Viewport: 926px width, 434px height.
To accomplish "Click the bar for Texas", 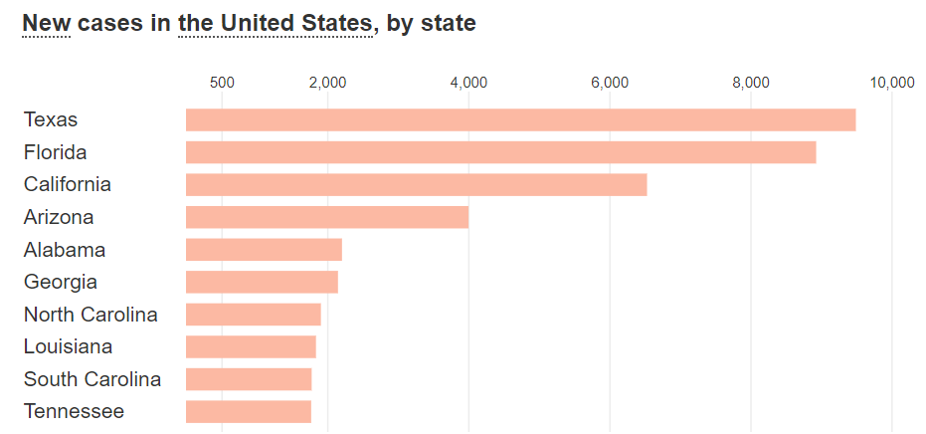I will [520, 119].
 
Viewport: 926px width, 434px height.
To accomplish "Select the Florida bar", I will [500, 152].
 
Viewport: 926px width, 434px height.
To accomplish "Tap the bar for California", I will [416, 184].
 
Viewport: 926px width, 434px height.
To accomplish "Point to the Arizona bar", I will [326, 217].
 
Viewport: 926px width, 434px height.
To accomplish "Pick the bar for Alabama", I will [264, 250].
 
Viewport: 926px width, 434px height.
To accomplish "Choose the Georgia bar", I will [262, 282].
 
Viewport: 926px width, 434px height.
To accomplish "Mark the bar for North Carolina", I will [253, 315].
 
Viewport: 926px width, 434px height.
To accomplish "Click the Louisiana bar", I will [251, 346].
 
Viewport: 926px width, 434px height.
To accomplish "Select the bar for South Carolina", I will [249, 379].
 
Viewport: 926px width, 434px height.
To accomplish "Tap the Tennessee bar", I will [249, 411].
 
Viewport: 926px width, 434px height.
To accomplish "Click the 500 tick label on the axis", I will [222, 83].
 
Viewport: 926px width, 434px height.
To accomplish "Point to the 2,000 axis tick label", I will [327, 83].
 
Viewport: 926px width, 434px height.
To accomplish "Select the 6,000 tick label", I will [610, 83].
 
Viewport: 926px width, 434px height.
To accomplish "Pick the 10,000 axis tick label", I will [891, 83].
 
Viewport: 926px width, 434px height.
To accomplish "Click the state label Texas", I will [51, 119].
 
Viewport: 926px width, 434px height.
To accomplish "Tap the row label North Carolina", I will [91, 315].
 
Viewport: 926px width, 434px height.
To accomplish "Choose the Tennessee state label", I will [74, 411].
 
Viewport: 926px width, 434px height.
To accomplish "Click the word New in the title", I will [46, 22].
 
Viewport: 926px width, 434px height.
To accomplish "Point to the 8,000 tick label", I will [751, 83].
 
